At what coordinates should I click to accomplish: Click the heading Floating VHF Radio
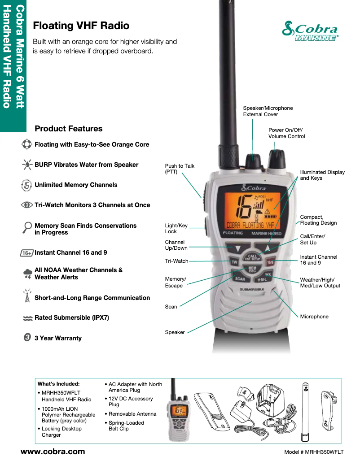(81, 26)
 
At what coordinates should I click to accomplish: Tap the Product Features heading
(68, 129)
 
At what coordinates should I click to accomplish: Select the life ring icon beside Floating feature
(27, 144)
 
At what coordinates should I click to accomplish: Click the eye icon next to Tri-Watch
(27, 205)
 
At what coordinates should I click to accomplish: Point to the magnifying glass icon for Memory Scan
(27, 228)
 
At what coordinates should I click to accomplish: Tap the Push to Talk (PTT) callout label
(180, 169)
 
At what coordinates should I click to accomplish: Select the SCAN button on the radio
(240, 278)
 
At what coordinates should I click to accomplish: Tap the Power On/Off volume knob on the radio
(277, 158)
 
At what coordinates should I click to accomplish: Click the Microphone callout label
(314, 317)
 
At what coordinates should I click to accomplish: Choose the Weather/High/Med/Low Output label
(320, 283)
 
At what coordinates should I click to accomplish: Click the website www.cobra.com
(53, 452)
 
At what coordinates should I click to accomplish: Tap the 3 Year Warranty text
(58, 338)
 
